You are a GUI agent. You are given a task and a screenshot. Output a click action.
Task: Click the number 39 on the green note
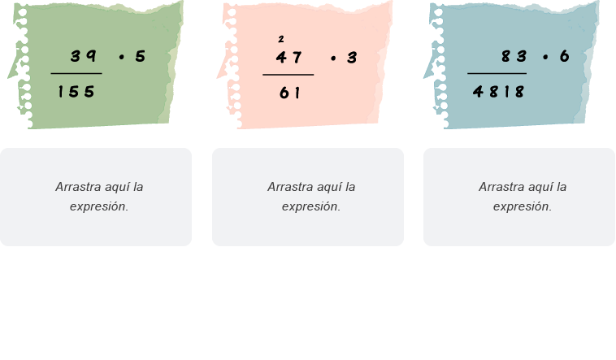(83, 56)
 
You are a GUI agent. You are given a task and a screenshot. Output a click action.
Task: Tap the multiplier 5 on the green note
(141, 56)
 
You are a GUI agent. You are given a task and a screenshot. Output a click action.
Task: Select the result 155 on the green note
(76, 92)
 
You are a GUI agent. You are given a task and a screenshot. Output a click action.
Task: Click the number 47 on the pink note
(288, 58)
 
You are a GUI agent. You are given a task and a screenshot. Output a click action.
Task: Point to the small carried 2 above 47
(281, 39)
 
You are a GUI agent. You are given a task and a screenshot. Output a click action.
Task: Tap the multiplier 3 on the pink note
(352, 58)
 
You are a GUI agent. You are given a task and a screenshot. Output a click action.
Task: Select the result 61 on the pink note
(289, 93)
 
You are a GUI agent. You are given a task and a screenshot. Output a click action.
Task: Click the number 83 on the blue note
(514, 56)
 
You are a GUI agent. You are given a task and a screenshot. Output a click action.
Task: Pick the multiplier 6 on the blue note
(564, 56)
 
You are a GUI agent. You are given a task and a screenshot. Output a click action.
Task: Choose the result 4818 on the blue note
(498, 92)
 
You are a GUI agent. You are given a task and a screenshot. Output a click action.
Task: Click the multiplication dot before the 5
(121, 58)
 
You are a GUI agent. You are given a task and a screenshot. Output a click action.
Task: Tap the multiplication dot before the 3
(333, 59)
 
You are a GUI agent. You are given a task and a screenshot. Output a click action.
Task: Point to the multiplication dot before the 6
(545, 58)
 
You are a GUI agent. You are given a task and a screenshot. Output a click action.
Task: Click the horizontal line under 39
(76, 74)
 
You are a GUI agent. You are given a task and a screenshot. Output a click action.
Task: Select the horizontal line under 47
(288, 75)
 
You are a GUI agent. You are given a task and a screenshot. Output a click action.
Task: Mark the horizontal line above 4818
(497, 74)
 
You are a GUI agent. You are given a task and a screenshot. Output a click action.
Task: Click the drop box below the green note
(96, 197)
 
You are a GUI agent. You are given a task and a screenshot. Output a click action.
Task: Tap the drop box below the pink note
(308, 197)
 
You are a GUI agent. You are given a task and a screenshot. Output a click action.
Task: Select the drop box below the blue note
(519, 197)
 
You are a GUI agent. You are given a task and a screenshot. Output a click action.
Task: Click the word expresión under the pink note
(311, 206)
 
